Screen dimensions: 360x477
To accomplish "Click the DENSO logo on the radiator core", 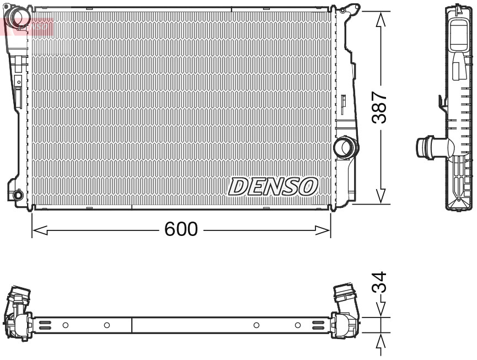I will [x=273, y=187].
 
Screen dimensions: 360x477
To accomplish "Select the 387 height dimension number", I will [x=379, y=108].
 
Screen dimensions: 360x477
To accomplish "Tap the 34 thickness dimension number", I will [x=379, y=283].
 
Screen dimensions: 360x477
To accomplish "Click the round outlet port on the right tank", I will [x=345, y=147].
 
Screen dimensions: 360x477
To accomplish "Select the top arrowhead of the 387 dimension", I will [x=380, y=19].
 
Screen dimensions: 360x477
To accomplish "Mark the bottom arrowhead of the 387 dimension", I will [x=380, y=196].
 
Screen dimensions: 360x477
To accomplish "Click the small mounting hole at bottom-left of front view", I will [x=18, y=195].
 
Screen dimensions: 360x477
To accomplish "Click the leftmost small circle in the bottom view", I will [x=66, y=325].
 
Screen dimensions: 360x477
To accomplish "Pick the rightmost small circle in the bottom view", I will [x=298, y=325].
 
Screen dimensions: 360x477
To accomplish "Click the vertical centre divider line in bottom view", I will [x=132, y=325].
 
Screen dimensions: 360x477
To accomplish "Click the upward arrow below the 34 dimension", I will [x=380, y=344].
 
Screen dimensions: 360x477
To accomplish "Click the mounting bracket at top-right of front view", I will [x=350, y=9].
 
